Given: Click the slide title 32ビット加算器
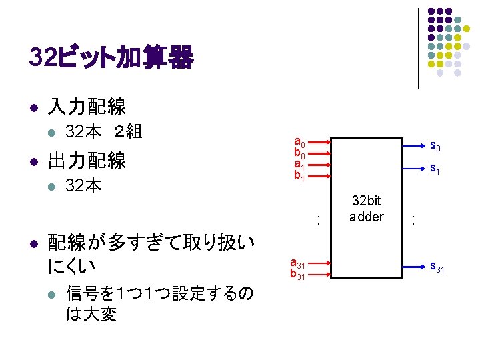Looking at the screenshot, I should [112, 59].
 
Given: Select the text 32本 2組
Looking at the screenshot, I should [103, 131].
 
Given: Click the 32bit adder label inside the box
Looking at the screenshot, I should [367, 209].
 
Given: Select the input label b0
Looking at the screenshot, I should [300, 154].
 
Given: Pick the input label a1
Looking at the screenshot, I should [300, 165].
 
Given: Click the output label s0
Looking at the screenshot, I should [435, 145].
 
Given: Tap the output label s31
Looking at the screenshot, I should [437, 268].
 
